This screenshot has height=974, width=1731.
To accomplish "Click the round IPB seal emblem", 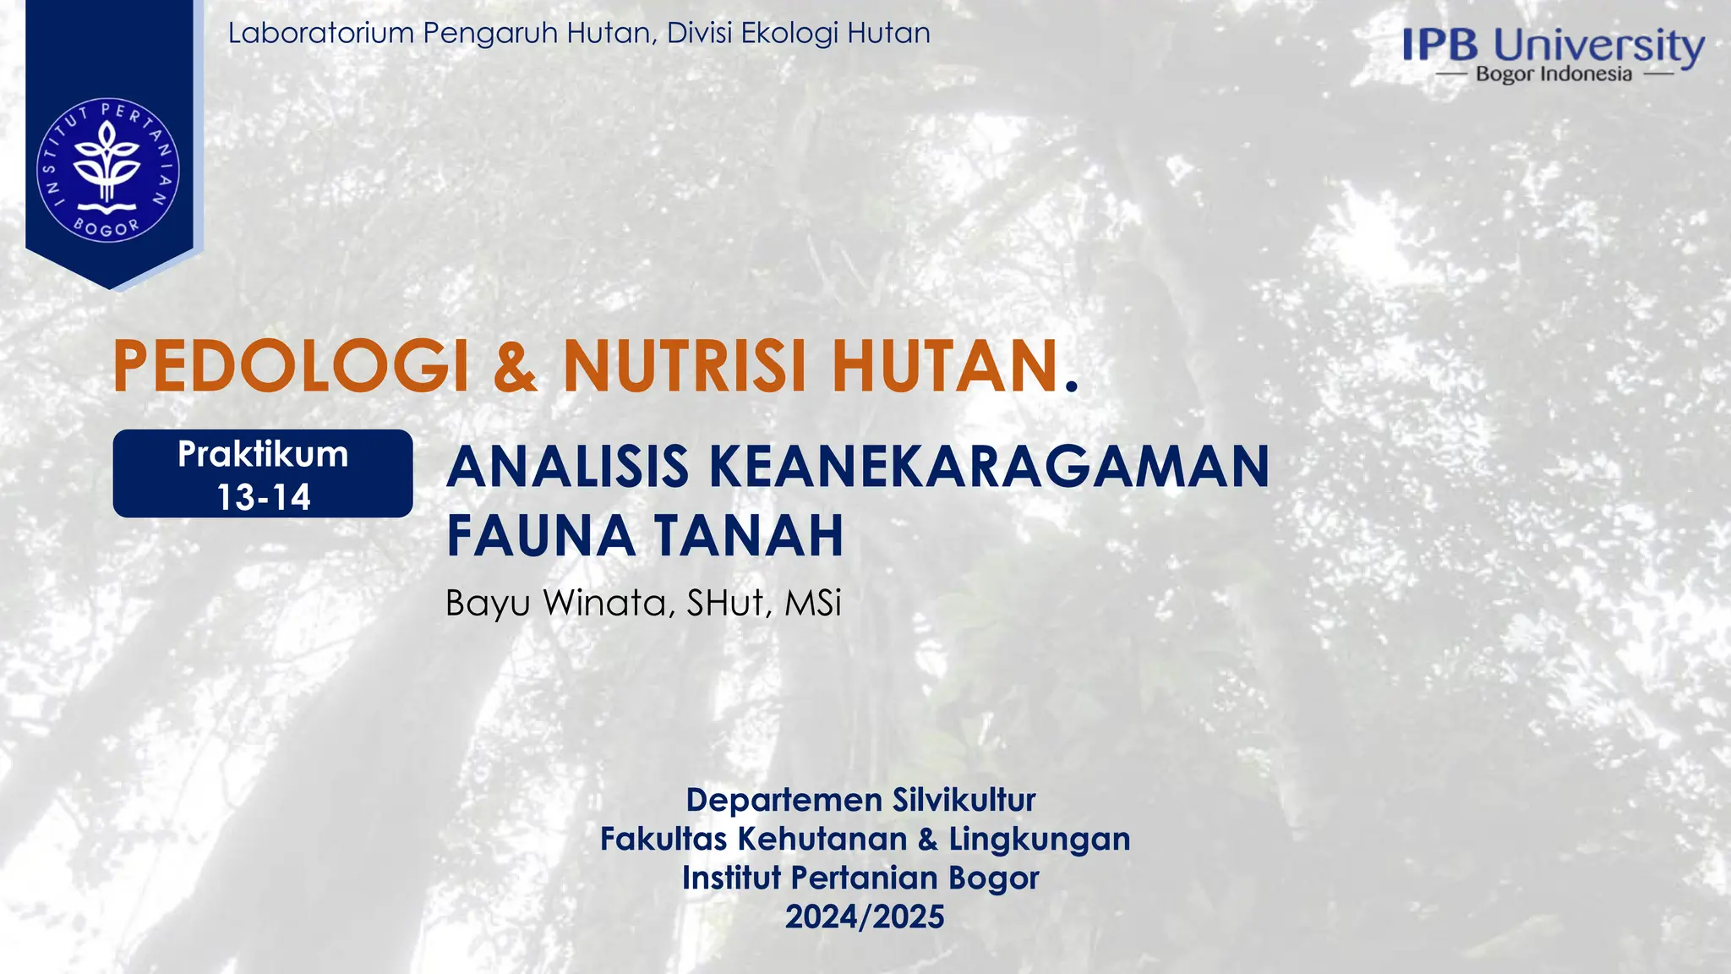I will (x=107, y=169).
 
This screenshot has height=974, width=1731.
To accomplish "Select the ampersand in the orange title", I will (x=515, y=366).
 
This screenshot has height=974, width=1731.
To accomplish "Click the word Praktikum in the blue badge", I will (x=263, y=455).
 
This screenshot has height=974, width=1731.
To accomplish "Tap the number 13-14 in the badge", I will (x=263, y=497).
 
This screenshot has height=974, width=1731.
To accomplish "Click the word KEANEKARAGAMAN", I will (x=989, y=467).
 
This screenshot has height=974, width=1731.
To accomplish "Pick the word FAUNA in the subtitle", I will (x=541, y=535).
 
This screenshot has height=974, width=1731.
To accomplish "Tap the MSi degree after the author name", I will (x=813, y=604).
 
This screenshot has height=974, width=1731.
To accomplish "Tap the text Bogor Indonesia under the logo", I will (x=1554, y=74).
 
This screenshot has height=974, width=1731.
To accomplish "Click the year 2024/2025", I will (x=865, y=917).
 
